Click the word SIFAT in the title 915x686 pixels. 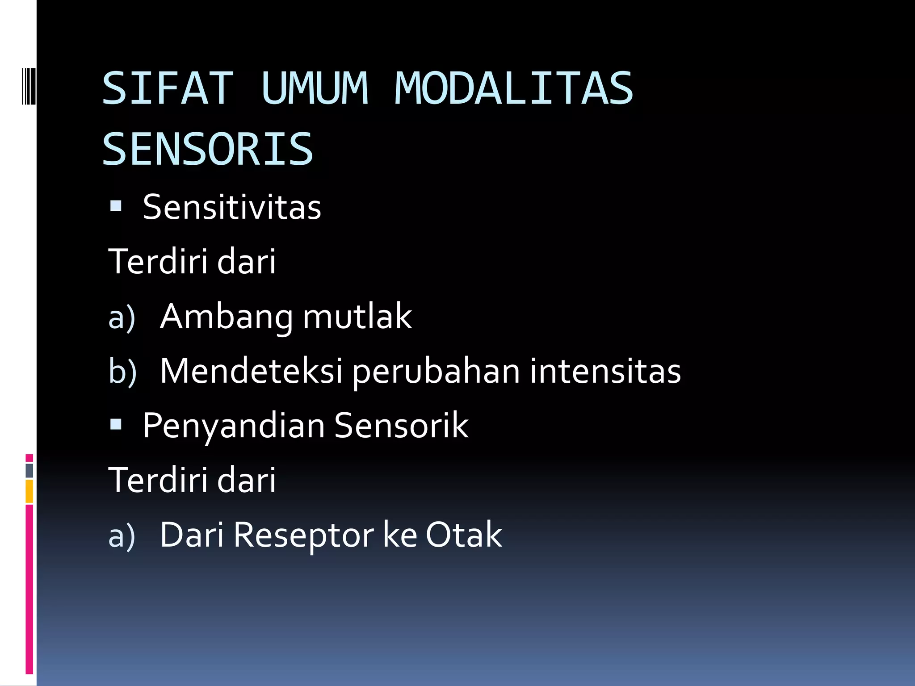[x=168, y=88]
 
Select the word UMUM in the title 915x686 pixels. [x=315, y=88]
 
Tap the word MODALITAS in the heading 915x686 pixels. [x=514, y=88]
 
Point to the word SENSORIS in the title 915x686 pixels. [x=208, y=149]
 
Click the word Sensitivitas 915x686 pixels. [x=232, y=207]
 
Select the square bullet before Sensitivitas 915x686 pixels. [x=116, y=206]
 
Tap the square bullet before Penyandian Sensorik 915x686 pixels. [x=116, y=424]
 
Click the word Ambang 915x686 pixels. [x=226, y=317]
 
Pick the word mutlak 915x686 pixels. [x=357, y=316]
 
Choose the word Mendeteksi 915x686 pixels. [x=251, y=371]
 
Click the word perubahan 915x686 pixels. [x=436, y=372]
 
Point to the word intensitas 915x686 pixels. [x=605, y=371]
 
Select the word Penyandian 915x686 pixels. [x=234, y=426]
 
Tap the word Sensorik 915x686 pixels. [x=401, y=425]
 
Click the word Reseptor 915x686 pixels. [x=303, y=535]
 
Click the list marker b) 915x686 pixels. [x=122, y=372]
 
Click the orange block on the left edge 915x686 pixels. [x=29, y=491]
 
